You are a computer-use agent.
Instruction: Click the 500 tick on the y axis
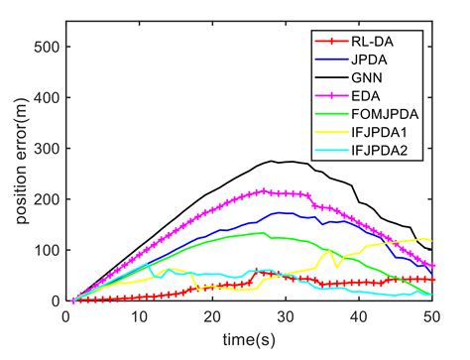(46, 47)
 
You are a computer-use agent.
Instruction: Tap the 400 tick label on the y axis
(46, 97)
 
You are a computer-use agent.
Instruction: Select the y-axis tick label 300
(46, 148)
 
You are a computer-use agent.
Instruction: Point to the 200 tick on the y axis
(46, 198)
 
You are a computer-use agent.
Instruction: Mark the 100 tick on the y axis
(46, 249)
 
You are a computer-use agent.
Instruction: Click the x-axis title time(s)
(249, 338)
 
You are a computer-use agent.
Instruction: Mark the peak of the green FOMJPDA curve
(264, 232)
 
